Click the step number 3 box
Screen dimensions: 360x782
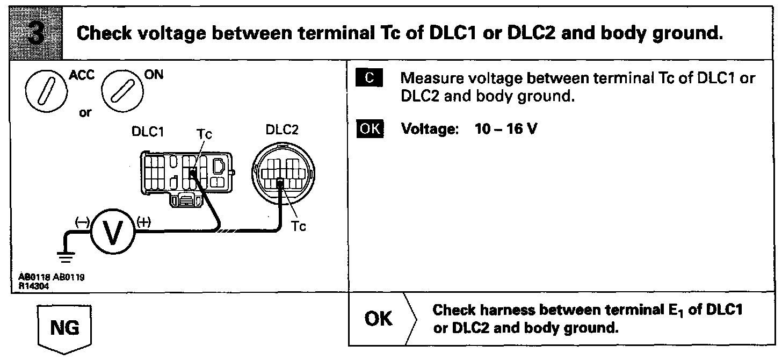35,33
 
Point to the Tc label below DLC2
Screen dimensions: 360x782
299,227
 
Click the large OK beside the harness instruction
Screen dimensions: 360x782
379,319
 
